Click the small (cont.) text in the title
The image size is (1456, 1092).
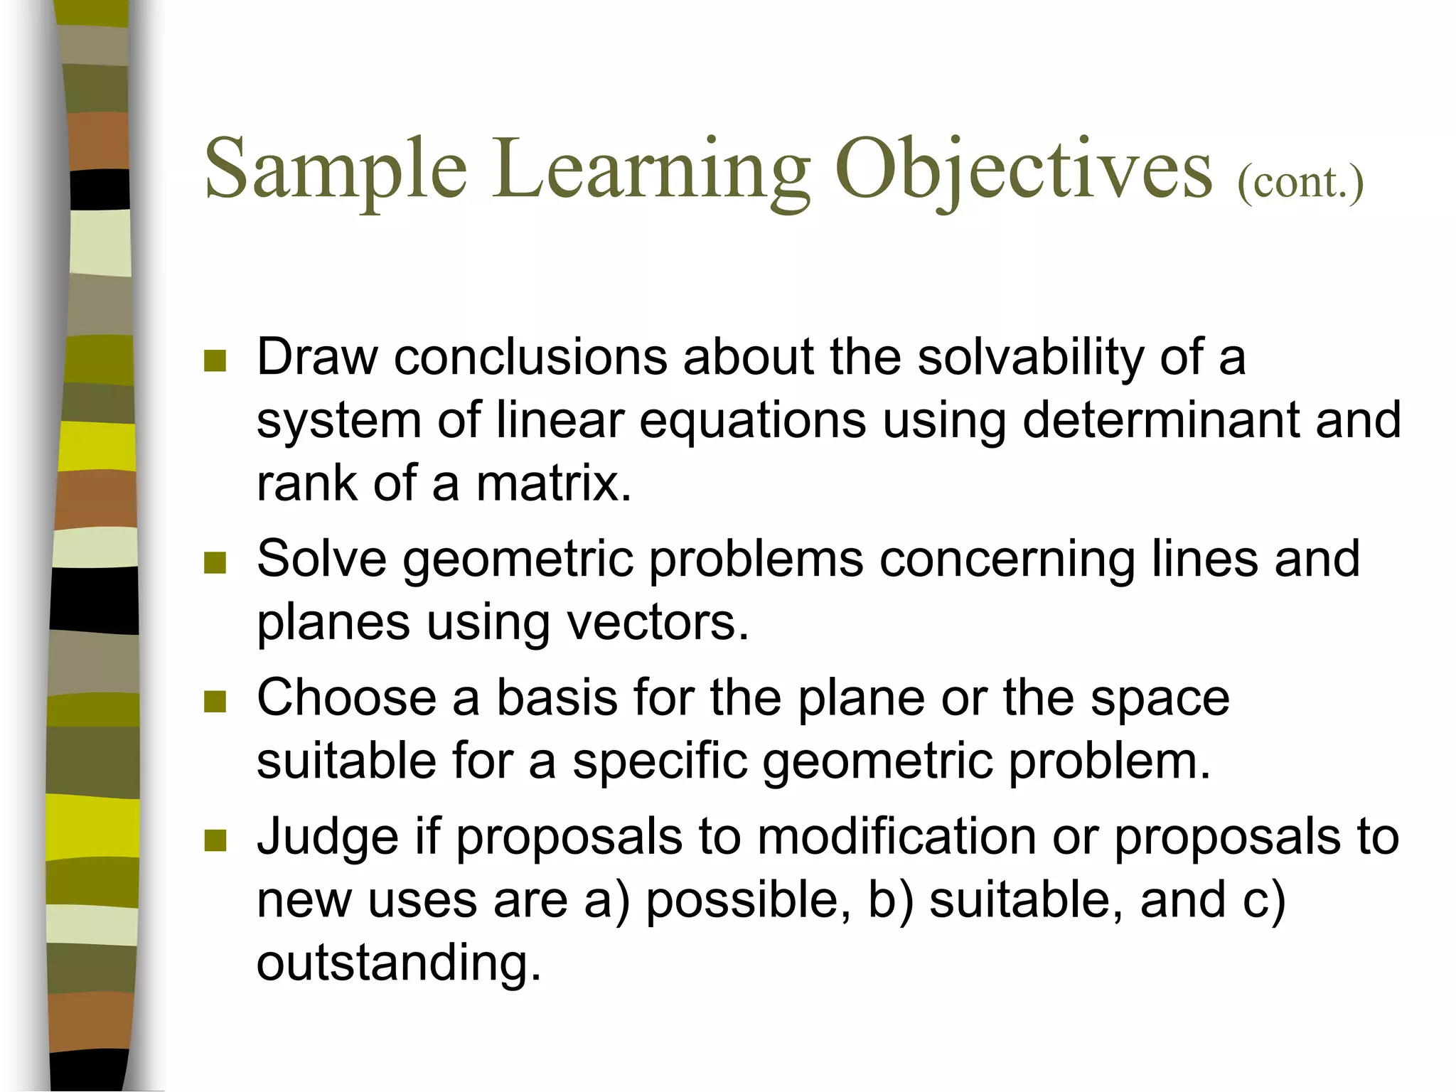(x=1300, y=183)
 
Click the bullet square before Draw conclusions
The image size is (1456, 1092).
(x=215, y=360)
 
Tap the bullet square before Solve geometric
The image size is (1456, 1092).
(x=215, y=562)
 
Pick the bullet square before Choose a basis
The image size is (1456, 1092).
(x=215, y=702)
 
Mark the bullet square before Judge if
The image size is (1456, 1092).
(x=215, y=840)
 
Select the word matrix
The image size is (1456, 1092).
(x=553, y=483)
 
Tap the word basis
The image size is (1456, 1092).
(x=557, y=697)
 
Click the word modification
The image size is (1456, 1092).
(x=896, y=837)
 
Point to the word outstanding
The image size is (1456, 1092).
(x=398, y=963)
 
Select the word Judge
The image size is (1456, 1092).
(x=327, y=837)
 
